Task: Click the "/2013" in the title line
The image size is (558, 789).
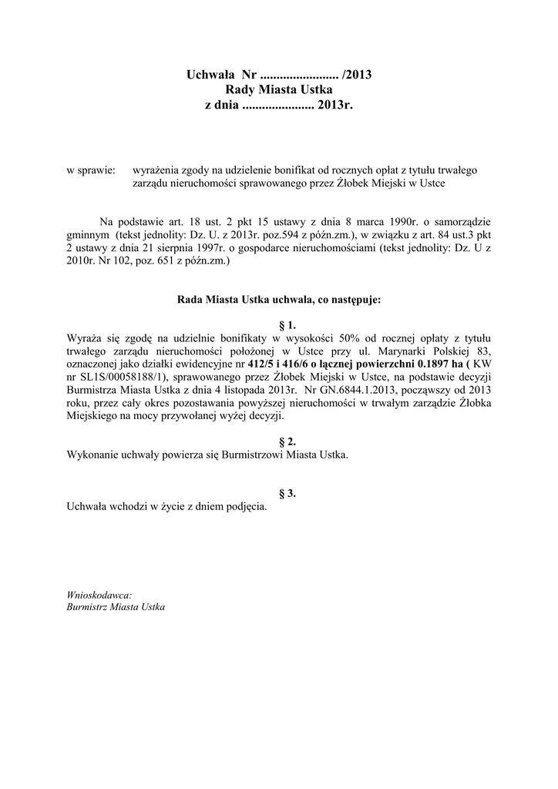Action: (358, 75)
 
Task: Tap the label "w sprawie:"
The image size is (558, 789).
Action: (91, 170)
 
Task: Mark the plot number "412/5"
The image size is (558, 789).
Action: (261, 364)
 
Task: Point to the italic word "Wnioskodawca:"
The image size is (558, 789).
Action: (99, 595)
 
